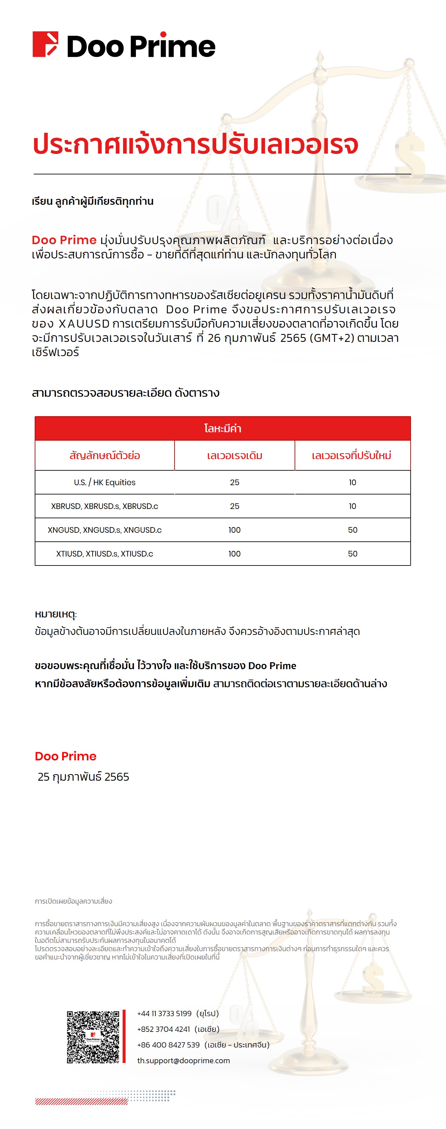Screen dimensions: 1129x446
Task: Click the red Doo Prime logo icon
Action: pyautogui.click(x=45, y=44)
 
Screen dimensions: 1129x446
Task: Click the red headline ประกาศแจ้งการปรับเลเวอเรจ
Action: pyautogui.click(x=196, y=144)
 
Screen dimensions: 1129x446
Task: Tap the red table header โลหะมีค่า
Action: pyautogui.click(x=223, y=428)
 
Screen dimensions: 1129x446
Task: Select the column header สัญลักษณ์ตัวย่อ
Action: pyautogui.click(x=105, y=455)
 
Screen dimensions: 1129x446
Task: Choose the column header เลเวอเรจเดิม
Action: pyautogui.click(x=235, y=456)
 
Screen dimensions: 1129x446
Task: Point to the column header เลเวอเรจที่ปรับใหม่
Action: pyautogui.click(x=352, y=455)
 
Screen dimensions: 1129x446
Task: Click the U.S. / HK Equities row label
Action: pyautogui.click(x=105, y=483)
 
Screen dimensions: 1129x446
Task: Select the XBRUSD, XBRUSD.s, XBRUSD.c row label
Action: pyautogui.click(x=105, y=506)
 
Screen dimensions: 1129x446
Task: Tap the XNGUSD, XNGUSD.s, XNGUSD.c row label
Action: pyautogui.click(x=105, y=530)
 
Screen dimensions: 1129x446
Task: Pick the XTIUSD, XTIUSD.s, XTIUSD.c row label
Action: pyautogui.click(x=105, y=554)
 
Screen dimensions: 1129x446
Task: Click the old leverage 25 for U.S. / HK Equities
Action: pyautogui.click(x=235, y=483)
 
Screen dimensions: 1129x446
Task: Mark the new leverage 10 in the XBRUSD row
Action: pyautogui.click(x=352, y=506)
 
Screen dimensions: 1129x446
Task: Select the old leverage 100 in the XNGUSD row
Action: pyautogui.click(x=235, y=530)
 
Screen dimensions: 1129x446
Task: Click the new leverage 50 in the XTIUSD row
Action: pyautogui.click(x=352, y=554)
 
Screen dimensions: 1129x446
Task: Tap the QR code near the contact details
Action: pyautogui.click(x=93, y=1037)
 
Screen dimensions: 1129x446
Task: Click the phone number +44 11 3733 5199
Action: pyautogui.click(x=164, y=1013)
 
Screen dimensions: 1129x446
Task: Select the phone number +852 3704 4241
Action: pyautogui.click(x=164, y=1029)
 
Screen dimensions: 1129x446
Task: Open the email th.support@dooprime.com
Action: pyautogui.click(x=183, y=1061)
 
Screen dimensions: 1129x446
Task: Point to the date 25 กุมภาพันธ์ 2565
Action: pyautogui.click(x=83, y=777)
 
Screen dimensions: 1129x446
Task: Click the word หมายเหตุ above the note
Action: pyautogui.click(x=56, y=614)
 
